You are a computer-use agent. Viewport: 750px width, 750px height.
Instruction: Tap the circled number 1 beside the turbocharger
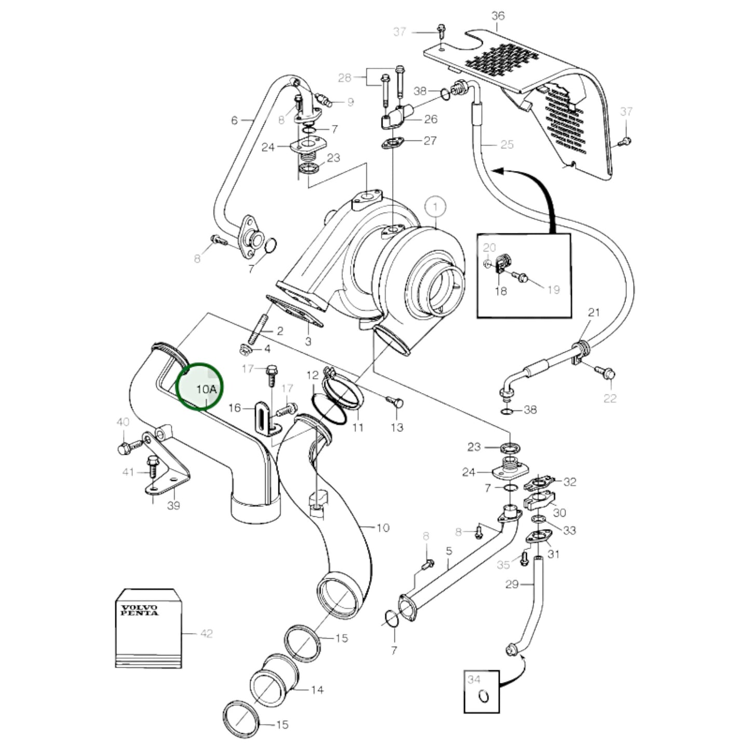[435, 207]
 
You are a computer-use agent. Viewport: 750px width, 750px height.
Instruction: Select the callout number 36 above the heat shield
[497, 16]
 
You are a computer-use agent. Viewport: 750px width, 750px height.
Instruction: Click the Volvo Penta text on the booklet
[140, 610]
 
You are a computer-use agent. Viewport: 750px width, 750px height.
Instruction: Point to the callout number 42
[206, 633]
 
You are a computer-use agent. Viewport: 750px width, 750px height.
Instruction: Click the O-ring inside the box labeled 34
[484, 696]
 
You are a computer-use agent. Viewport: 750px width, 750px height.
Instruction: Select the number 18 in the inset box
[500, 291]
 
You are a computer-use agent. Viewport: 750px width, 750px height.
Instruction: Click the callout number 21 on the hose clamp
[594, 312]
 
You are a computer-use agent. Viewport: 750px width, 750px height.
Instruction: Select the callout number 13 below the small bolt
[397, 427]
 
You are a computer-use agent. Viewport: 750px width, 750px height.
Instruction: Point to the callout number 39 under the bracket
[173, 505]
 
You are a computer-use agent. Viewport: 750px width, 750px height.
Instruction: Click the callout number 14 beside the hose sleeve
[317, 690]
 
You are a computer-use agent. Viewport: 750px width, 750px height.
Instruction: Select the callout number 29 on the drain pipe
[512, 584]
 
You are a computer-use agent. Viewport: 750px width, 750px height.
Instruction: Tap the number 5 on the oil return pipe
[449, 551]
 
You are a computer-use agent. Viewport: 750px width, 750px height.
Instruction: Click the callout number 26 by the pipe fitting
[430, 119]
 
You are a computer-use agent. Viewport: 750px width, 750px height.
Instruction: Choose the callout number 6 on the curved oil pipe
[235, 120]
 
